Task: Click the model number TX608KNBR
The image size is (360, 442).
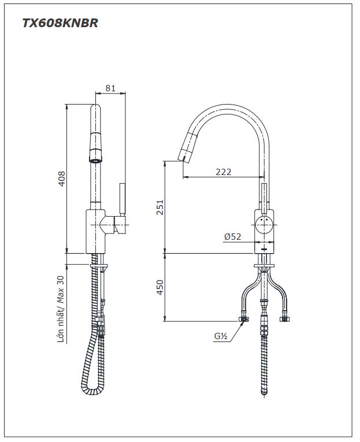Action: click(60, 23)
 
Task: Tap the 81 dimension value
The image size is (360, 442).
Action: click(110, 88)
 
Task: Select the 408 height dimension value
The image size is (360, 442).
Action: click(61, 179)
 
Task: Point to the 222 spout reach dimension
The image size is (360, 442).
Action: click(224, 172)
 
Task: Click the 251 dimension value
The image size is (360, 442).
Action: click(160, 207)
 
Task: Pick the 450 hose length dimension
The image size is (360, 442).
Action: click(160, 287)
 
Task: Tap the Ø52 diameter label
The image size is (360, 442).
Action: click(233, 236)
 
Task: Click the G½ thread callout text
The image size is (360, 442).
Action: click(221, 336)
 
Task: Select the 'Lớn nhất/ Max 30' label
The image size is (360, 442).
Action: click(61, 309)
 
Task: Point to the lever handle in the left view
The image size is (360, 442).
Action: click(123, 200)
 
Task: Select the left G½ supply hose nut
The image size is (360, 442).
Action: click(244, 319)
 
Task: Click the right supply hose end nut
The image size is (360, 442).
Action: click(284, 319)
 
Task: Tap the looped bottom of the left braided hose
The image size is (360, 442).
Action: click(92, 391)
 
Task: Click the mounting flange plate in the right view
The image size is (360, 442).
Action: click(265, 266)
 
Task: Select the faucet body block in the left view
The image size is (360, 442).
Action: click(96, 231)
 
